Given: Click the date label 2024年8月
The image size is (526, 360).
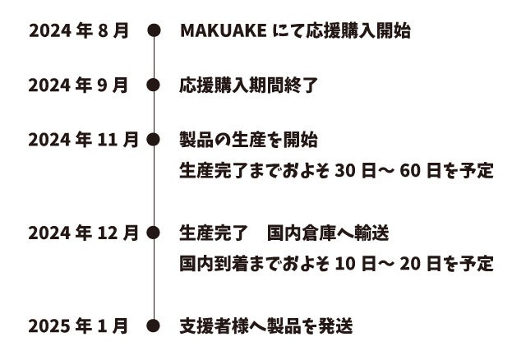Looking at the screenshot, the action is click(x=79, y=31).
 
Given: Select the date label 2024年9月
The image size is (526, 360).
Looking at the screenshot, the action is click(x=79, y=85).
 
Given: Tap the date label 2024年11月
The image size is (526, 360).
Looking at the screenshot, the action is click(x=83, y=139).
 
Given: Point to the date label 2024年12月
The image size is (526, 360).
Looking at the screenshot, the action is click(x=83, y=233).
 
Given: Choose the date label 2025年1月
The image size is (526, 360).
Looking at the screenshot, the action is click(x=79, y=326).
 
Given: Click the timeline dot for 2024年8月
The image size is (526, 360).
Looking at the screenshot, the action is click(x=153, y=31).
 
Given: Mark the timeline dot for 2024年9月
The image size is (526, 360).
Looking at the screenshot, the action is click(x=153, y=85).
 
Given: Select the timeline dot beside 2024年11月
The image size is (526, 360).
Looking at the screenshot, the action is click(x=153, y=139).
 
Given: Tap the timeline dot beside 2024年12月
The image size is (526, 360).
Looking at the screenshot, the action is click(x=153, y=233).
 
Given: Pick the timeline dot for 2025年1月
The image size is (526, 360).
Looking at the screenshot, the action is click(x=153, y=326).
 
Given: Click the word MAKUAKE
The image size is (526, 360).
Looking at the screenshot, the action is click(x=222, y=31).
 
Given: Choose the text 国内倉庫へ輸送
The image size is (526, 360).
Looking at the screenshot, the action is click(x=328, y=233).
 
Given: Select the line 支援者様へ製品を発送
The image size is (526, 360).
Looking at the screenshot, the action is click(x=266, y=326).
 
